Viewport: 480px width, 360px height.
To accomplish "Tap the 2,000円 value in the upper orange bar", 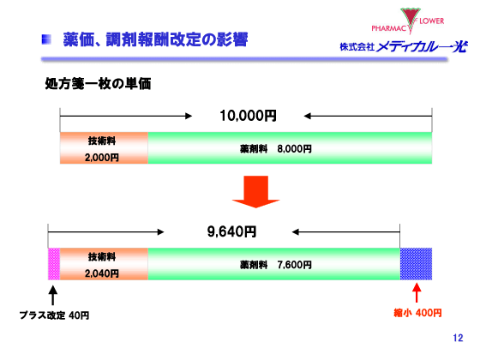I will click(102, 157).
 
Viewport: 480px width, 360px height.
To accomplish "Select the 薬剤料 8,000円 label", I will click(274, 148).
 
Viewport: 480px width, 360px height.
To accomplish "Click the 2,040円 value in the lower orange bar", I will click(102, 273).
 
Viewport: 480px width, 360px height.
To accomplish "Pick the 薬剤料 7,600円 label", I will click(274, 264).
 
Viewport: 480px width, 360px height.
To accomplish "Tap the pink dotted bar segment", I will click(54, 264).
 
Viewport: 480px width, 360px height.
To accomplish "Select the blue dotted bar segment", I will click(416, 264).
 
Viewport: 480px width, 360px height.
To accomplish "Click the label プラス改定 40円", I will click(54, 315).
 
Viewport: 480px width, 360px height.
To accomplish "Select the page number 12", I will click(457, 339).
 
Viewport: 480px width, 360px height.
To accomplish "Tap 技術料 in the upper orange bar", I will click(102, 140).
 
